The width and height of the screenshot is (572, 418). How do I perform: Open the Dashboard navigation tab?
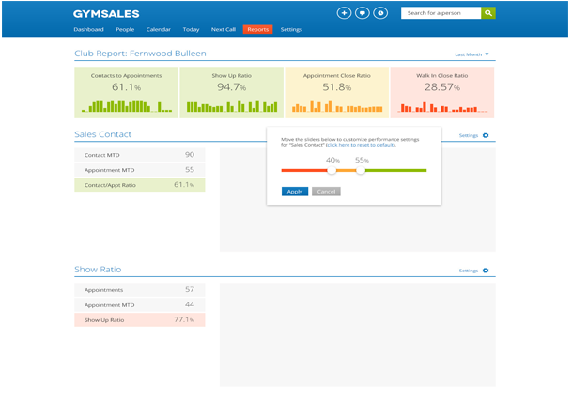click(88, 30)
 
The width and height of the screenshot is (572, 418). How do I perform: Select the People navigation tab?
click(125, 30)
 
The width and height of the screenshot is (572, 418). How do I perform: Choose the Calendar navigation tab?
click(159, 30)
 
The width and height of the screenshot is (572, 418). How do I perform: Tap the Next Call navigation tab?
click(224, 30)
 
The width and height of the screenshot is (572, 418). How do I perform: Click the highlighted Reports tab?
click(257, 30)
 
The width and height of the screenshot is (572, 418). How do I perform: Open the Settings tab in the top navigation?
click(291, 30)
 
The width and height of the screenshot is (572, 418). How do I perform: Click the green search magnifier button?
click(487, 13)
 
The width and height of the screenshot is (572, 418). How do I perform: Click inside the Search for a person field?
click(441, 13)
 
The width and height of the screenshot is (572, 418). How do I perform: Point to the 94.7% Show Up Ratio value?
click(230, 87)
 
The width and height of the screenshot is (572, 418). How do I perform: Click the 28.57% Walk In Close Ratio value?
click(441, 87)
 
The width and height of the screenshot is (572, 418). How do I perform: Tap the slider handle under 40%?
click(332, 170)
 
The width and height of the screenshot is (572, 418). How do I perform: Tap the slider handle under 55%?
click(361, 170)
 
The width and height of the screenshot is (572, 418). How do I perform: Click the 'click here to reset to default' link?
click(362, 145)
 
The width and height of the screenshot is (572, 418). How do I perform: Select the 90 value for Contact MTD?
click(189, 154)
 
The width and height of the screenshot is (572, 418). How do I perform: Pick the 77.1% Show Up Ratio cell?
click(184, 320)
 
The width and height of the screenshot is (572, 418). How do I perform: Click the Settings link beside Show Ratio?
click(469, 271)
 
